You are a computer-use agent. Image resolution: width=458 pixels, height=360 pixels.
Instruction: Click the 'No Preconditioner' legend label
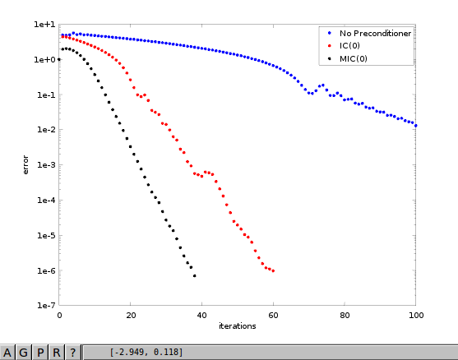pos(375,34)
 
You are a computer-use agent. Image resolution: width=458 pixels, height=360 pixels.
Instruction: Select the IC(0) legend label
pos(349,46)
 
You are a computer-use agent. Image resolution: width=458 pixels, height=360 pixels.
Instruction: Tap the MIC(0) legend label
pos(353,59)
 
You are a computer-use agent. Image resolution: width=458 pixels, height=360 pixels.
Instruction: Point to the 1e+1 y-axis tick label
pos(44,25)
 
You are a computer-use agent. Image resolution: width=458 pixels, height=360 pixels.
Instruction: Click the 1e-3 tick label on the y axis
pos(46,165)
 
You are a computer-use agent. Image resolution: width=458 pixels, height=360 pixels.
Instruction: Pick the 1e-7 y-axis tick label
pos(46,306)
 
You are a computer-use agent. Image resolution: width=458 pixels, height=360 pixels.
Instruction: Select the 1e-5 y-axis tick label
pos(46,235)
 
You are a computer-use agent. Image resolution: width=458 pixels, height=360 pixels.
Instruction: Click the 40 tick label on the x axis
pos(201,316)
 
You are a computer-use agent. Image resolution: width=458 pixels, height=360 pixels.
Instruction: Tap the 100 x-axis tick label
pos(416,316)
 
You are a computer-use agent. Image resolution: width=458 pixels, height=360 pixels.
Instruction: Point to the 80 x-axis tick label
pos(345,316)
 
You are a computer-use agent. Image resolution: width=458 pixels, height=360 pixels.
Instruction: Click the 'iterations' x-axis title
pos(237,325)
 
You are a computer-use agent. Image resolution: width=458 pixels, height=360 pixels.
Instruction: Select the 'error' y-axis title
pos(25,165)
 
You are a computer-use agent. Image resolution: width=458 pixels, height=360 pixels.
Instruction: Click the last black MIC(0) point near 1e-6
pos(195,276)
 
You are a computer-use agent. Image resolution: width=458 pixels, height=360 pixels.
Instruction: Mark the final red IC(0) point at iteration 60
pos(273,271)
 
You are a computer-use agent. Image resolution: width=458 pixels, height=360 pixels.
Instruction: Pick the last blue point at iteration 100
pos(415,126)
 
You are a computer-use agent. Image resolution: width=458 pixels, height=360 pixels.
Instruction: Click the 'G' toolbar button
pos(23,353)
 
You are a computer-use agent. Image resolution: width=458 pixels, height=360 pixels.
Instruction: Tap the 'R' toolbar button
pos(57,353)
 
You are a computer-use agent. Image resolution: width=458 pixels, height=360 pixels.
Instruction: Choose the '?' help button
pos(72,353)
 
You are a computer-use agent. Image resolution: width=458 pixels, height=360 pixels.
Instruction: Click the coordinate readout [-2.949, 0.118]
pos(146,352)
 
